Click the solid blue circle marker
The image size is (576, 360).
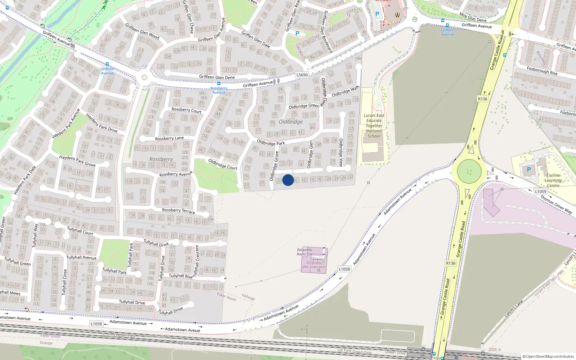pos(288,180)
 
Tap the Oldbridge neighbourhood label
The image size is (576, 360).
pos(291,122)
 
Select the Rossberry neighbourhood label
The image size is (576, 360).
pos(161,159)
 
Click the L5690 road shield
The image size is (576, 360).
pos(302,75)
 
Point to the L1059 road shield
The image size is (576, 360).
pos(540,192)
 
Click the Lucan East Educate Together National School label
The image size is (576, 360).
pos(374,126)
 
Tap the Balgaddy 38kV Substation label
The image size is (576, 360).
pos(314,265)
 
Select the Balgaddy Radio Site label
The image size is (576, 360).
pos(305,252)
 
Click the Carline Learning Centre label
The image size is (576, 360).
pos(553,180)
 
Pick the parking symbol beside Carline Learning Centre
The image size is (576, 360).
pos(528,170)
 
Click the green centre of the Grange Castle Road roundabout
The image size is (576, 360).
pos(469,171)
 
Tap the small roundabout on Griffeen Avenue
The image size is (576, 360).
pos(144,77)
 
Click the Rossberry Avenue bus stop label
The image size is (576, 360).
pos(219,90)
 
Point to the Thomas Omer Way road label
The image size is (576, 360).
pos(556,204)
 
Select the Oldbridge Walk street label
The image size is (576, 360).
pos(345,91)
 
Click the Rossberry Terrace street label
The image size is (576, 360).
pos(178,211)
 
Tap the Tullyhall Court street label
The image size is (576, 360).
pos(80,231)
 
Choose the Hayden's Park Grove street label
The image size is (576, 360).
pos(77,161)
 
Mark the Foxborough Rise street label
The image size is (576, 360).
pos(542,71)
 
